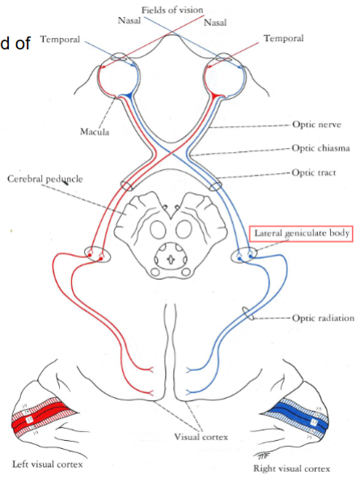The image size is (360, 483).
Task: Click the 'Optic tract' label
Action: tap(315, 172)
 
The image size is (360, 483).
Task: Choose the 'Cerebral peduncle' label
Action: tap(39, 178)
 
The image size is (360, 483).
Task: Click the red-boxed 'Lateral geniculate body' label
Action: tap(302, 233)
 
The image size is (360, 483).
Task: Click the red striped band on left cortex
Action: tap(41, 422)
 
